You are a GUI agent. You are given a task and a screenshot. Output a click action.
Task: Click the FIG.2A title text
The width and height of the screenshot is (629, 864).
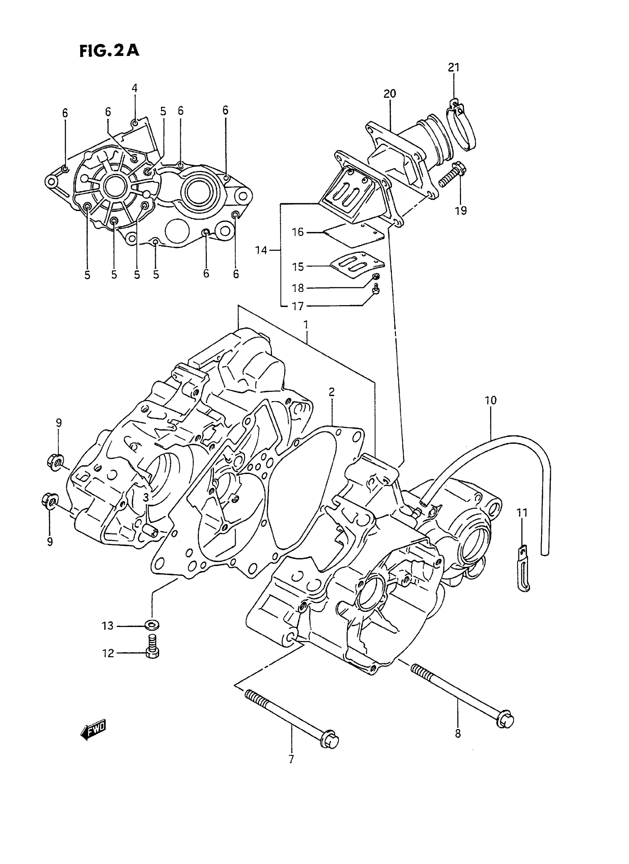pyautogui.click(x=109, y=50)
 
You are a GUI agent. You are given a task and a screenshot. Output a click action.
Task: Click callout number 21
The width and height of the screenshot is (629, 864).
pyautogui.click(x=454, y=67)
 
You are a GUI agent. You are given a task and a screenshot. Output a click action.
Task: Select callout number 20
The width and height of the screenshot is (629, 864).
pyautogui.click(x=390, y=93)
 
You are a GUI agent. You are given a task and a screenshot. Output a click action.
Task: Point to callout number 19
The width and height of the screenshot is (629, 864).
pyautogui.click(x=461, y=210)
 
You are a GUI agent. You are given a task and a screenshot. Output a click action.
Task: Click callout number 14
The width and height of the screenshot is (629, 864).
pyautogui.click(x=261, y=250)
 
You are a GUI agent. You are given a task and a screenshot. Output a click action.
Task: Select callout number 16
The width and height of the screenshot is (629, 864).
pyautogui.click(x=298, y=232)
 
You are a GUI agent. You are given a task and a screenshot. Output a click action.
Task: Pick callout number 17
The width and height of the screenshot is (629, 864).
pyautogui.click(x=298, y=306)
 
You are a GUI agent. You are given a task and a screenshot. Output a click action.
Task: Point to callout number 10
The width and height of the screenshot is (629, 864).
pyautogui.click(x=491, y=401)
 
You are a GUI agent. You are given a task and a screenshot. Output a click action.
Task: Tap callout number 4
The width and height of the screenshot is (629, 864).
pyautogui.click(x=134, y=88)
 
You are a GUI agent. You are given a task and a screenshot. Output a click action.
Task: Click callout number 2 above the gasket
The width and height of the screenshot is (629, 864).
pyautogui.click(x=332, y=392)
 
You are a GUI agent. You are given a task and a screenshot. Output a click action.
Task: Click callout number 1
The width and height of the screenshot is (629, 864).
pyautogui.click(x=306, y=325)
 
